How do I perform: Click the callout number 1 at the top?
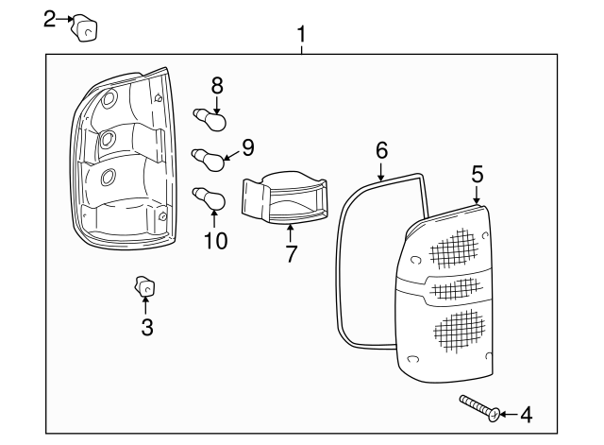(x=301, y=35)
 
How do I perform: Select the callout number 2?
(x=52, y=18)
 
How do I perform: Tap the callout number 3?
(x=146, y=328)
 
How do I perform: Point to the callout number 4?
(x=526, y=414)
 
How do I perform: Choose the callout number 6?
(x=381, y=150)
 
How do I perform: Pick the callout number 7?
(x=291, y=253)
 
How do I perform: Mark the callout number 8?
(x=217, y=85)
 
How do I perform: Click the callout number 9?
(x=247, y=146)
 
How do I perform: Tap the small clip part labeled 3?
(x=145, y=285)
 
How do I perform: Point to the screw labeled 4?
(x=479, y=407)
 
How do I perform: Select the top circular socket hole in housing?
(x=107, y=99)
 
